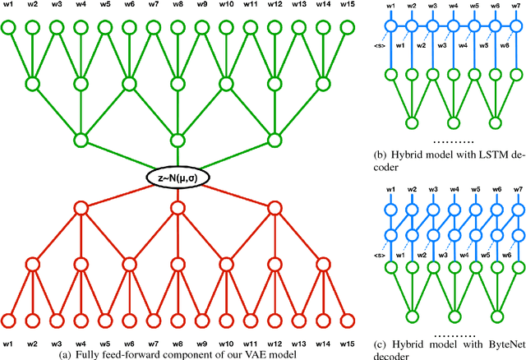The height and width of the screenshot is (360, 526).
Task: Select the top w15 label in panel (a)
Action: (349, 7)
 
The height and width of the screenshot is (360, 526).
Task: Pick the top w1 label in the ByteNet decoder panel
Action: (391, 190)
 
